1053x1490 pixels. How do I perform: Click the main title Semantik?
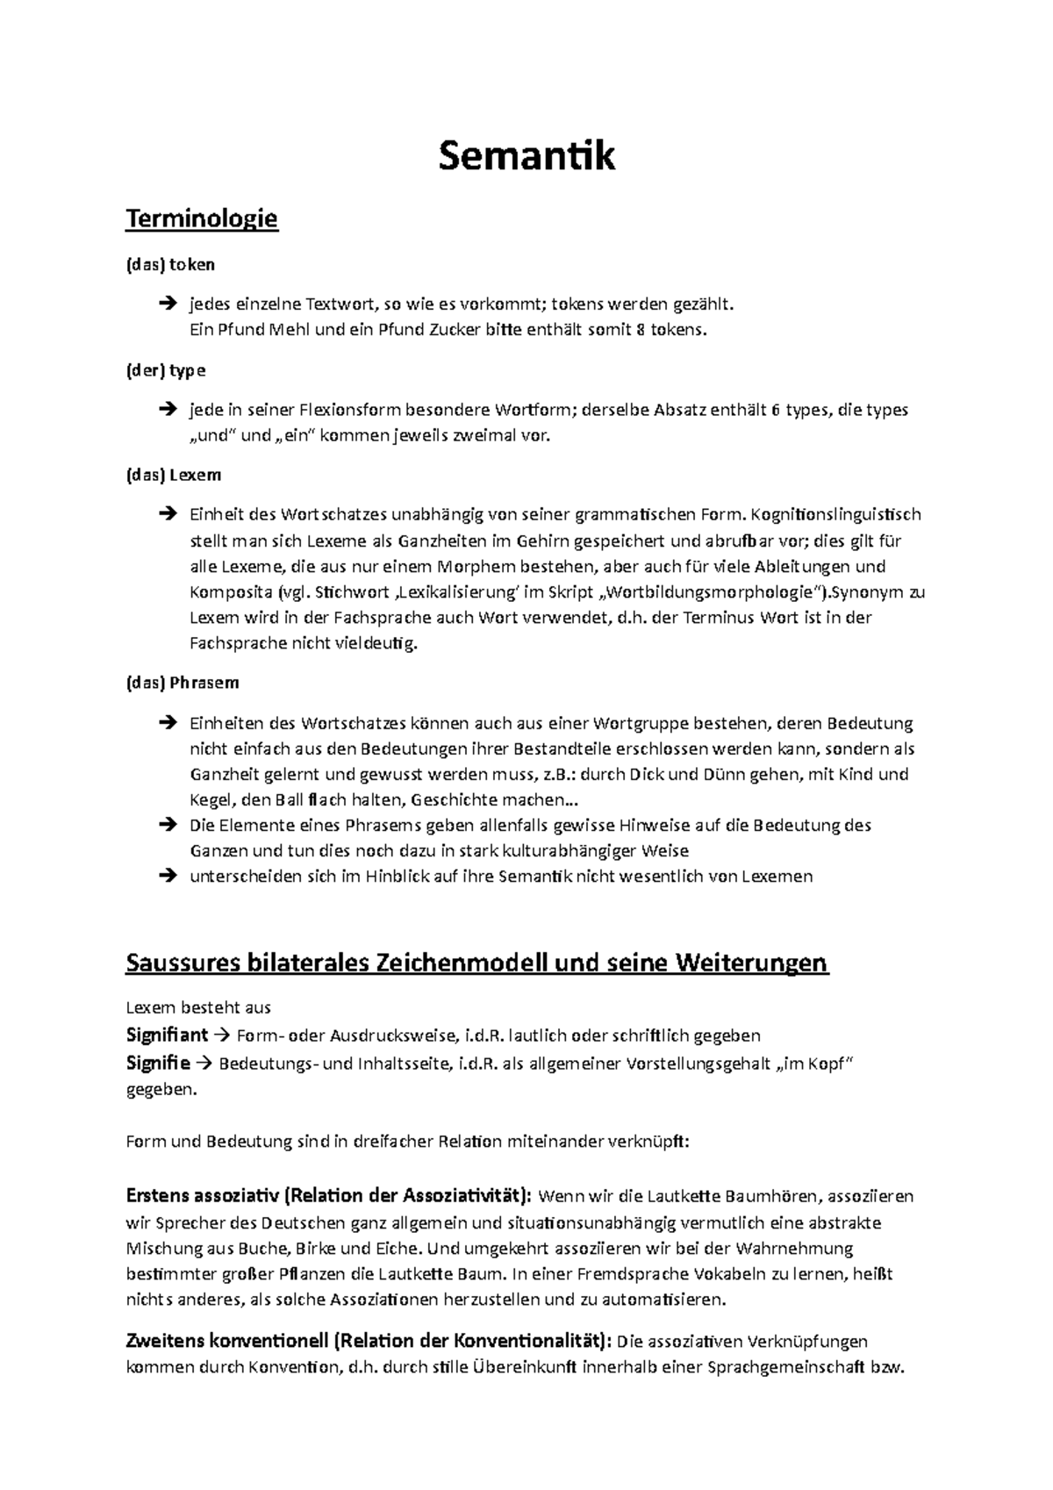(526, 156)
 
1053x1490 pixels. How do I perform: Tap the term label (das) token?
(171, 264)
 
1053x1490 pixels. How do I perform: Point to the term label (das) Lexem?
(174, 475)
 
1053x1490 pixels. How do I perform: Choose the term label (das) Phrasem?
(183, 682)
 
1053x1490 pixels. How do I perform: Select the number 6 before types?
(775, 410)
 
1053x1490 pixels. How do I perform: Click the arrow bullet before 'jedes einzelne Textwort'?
(167, 304)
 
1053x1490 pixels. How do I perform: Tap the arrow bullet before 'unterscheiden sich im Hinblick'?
(167, 876)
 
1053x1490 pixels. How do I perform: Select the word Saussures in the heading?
(183, 963)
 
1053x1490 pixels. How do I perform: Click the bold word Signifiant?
(167, 1035)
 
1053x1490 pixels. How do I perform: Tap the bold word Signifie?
(158, 1064)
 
